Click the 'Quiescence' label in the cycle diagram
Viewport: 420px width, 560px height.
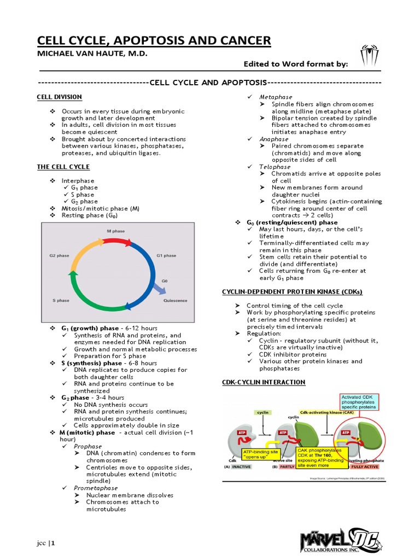pyautogui.click(x=175, y=300)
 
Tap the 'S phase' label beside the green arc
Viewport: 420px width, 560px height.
pyautogui.click(x=61, y=300)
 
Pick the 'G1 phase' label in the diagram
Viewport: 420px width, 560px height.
pyautogui.click(x=166, y=255)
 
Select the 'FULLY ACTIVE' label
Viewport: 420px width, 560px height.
pyautogui.click(x=365, y=466)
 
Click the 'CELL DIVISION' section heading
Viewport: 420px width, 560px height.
pyautogui.click(x=59, y=97)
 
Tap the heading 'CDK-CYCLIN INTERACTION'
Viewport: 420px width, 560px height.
pyautogui.click(x=264, y=382)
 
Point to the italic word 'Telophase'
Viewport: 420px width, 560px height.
pyautogui.click(x=275, y=167)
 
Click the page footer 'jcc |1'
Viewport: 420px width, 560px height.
pyautogui.click(x=46, y=542)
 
